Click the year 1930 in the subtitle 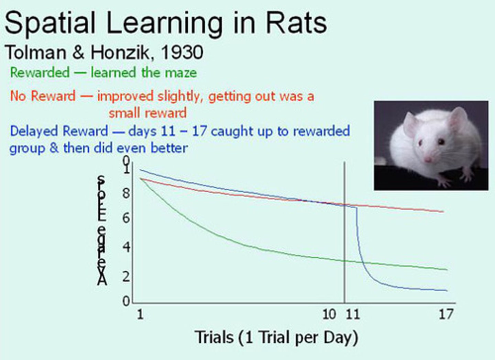click(182, 53)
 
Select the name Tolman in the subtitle click(36, 53)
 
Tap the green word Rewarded click(40, 72)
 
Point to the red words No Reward click(43, 96)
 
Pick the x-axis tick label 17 click(446, 314)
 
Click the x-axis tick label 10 click(329, 314)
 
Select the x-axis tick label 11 click(352, 314)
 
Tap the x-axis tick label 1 click(140, 314)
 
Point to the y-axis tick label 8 click(126, 193)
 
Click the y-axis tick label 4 click(126, 247)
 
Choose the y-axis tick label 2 click(126, 277)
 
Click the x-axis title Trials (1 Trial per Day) click(276, 337)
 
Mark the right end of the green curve click(447, 270)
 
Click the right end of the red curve click(443, 212)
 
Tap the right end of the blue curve click(447, 291)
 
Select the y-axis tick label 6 click(126, 218)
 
